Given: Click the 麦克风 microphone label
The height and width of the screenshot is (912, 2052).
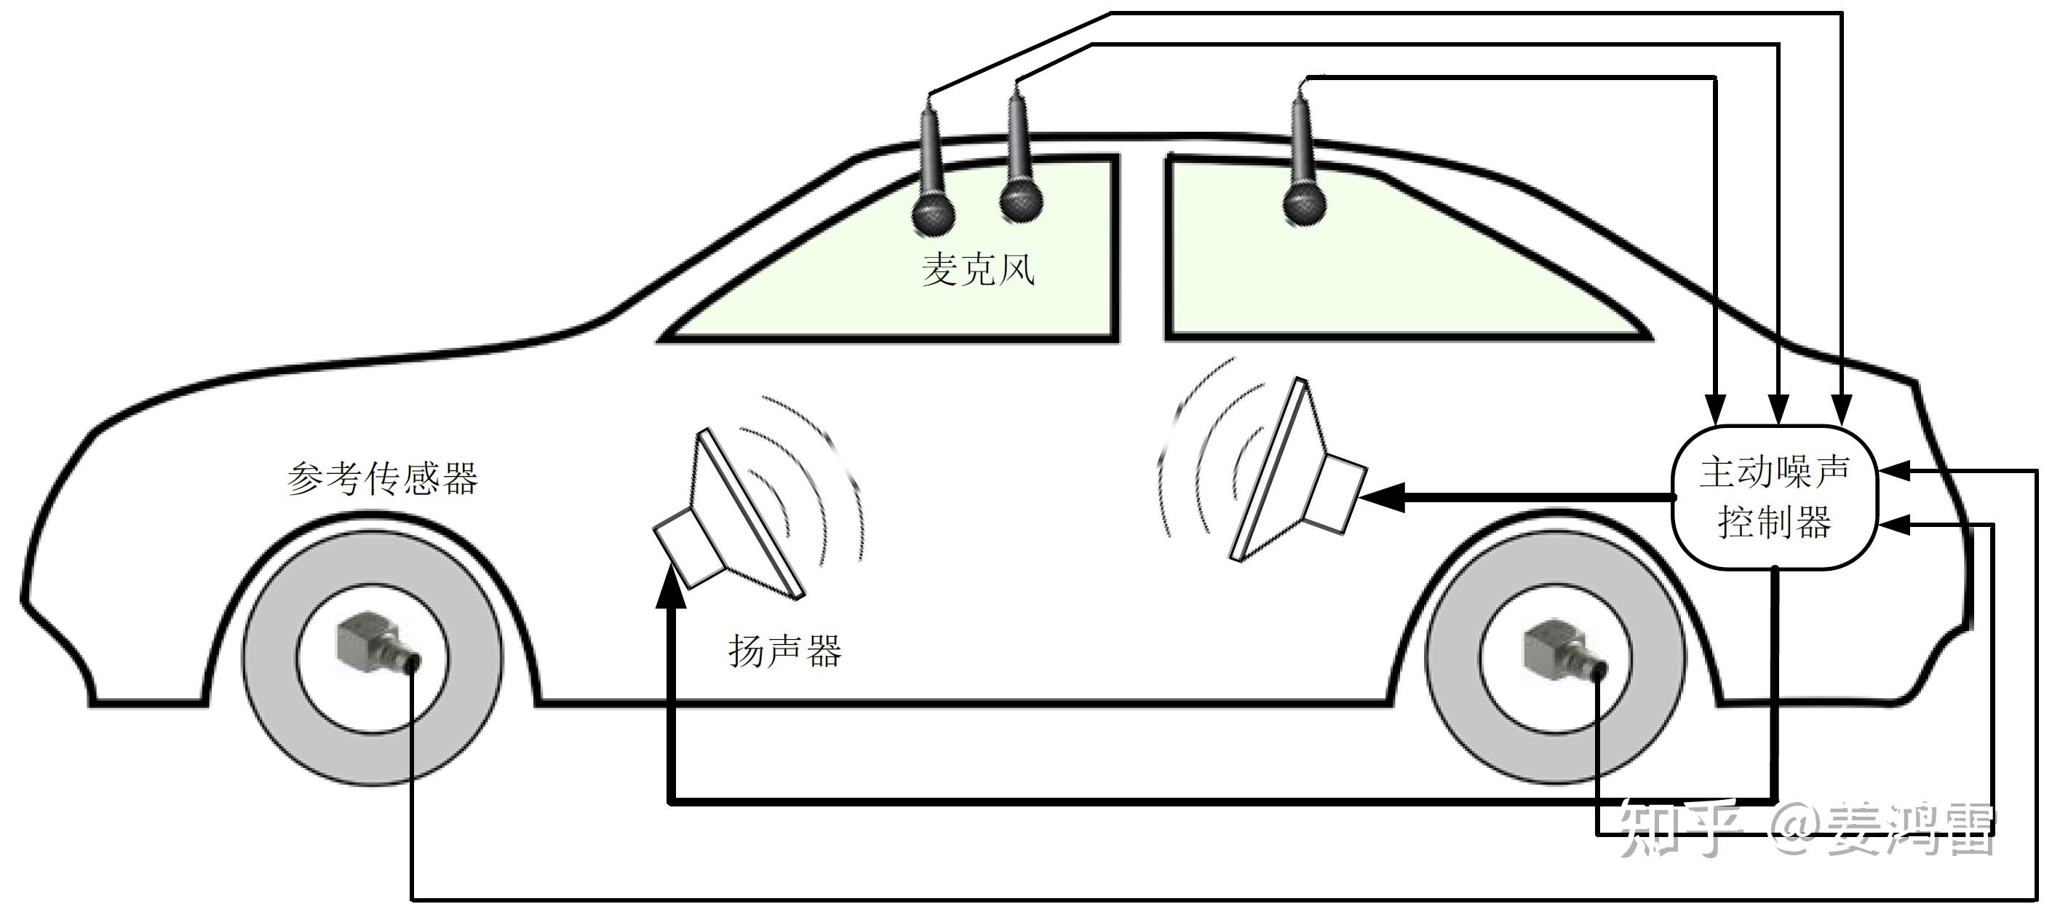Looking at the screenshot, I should (978, 270).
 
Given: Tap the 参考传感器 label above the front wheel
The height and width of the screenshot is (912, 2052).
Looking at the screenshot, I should (382, 479).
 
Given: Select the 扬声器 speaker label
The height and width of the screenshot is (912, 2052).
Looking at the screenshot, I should (784, 650).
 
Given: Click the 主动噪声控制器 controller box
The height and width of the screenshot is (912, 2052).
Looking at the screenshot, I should (1774, 497).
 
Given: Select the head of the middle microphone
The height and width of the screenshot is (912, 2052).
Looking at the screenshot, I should (1020, 201).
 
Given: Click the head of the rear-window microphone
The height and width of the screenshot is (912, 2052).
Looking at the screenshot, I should (1304, 205).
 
